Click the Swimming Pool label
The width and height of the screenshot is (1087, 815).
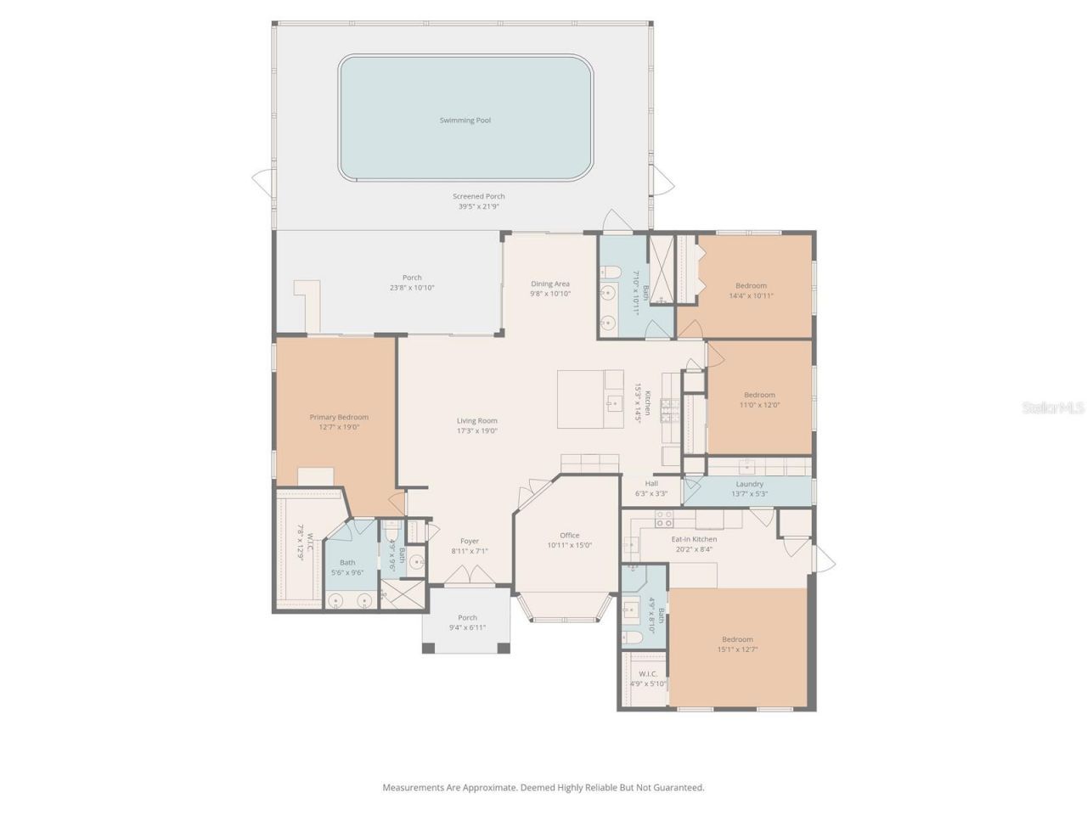click(465, 121)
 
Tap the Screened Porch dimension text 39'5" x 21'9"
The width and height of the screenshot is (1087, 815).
click(478, 206)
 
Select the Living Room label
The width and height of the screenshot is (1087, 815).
click(476, 421)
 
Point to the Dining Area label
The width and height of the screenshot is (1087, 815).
click(550, 284)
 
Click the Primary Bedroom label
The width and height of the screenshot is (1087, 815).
click(339, 417)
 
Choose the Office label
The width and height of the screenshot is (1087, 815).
click(570, 535)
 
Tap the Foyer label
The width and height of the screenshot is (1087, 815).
click(470, 541)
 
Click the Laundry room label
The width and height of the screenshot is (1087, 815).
click(749, 484)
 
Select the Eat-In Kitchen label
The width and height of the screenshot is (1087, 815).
click(694, 539)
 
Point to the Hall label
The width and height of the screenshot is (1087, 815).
click(651, 483)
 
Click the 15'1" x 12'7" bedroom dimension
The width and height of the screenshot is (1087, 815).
click(737, 649)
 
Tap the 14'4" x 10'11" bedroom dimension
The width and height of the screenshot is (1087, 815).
click(751, 296)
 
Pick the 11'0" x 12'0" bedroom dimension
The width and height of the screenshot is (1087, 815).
click(759, 405)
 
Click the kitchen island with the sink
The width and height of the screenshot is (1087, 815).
click(590, 398)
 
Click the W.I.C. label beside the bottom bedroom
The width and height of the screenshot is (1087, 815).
click(647, 674)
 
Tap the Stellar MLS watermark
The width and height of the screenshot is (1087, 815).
click(1052, 408)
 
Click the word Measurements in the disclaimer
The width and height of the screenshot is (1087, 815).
click(413, 788)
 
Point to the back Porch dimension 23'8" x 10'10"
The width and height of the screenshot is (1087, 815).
click(412, 288)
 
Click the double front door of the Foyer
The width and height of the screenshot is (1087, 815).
click(470, 577)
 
